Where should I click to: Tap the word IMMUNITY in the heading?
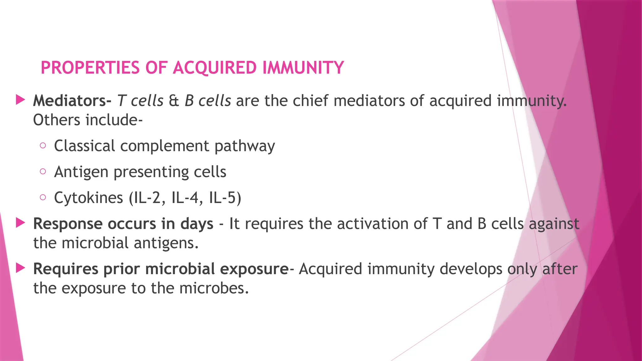[303, 68]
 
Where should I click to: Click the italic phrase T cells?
[140, 101]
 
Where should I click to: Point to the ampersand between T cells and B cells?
[174, 101]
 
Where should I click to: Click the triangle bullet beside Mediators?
[20, 100]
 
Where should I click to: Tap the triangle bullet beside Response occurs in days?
[20, 223]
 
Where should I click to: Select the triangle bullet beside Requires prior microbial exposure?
[20, 268]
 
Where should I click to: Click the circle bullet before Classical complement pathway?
[43, 145]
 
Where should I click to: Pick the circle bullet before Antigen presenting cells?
[43, 171]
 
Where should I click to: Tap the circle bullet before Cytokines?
[43, 197]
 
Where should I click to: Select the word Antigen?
[81, 172]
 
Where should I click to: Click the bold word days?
[197, 224]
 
